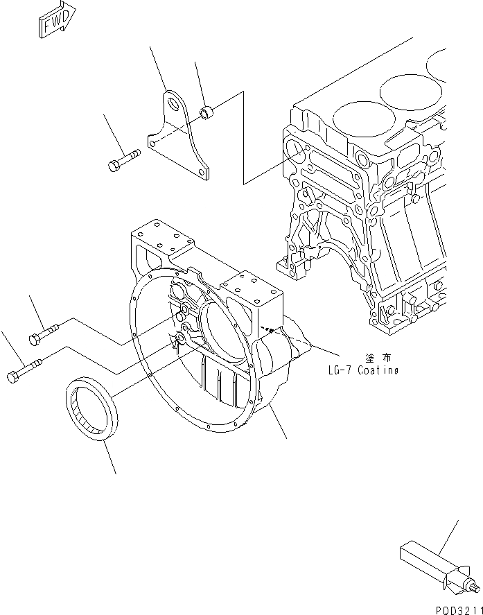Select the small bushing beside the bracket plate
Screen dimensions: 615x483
pyautogui.click(x=206, y=111)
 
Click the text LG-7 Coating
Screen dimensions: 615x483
pyautogui.click(x=364, y=370)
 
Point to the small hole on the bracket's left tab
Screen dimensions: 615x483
pyautogui.click(x=152, y=144)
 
